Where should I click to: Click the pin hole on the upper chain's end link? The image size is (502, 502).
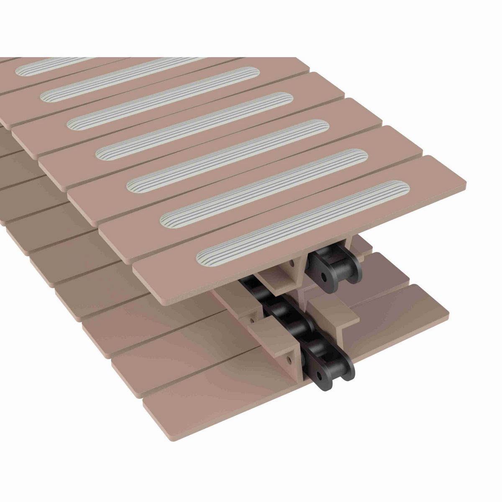click(325, 276)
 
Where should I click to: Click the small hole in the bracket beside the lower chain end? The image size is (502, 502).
click(289, 359)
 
